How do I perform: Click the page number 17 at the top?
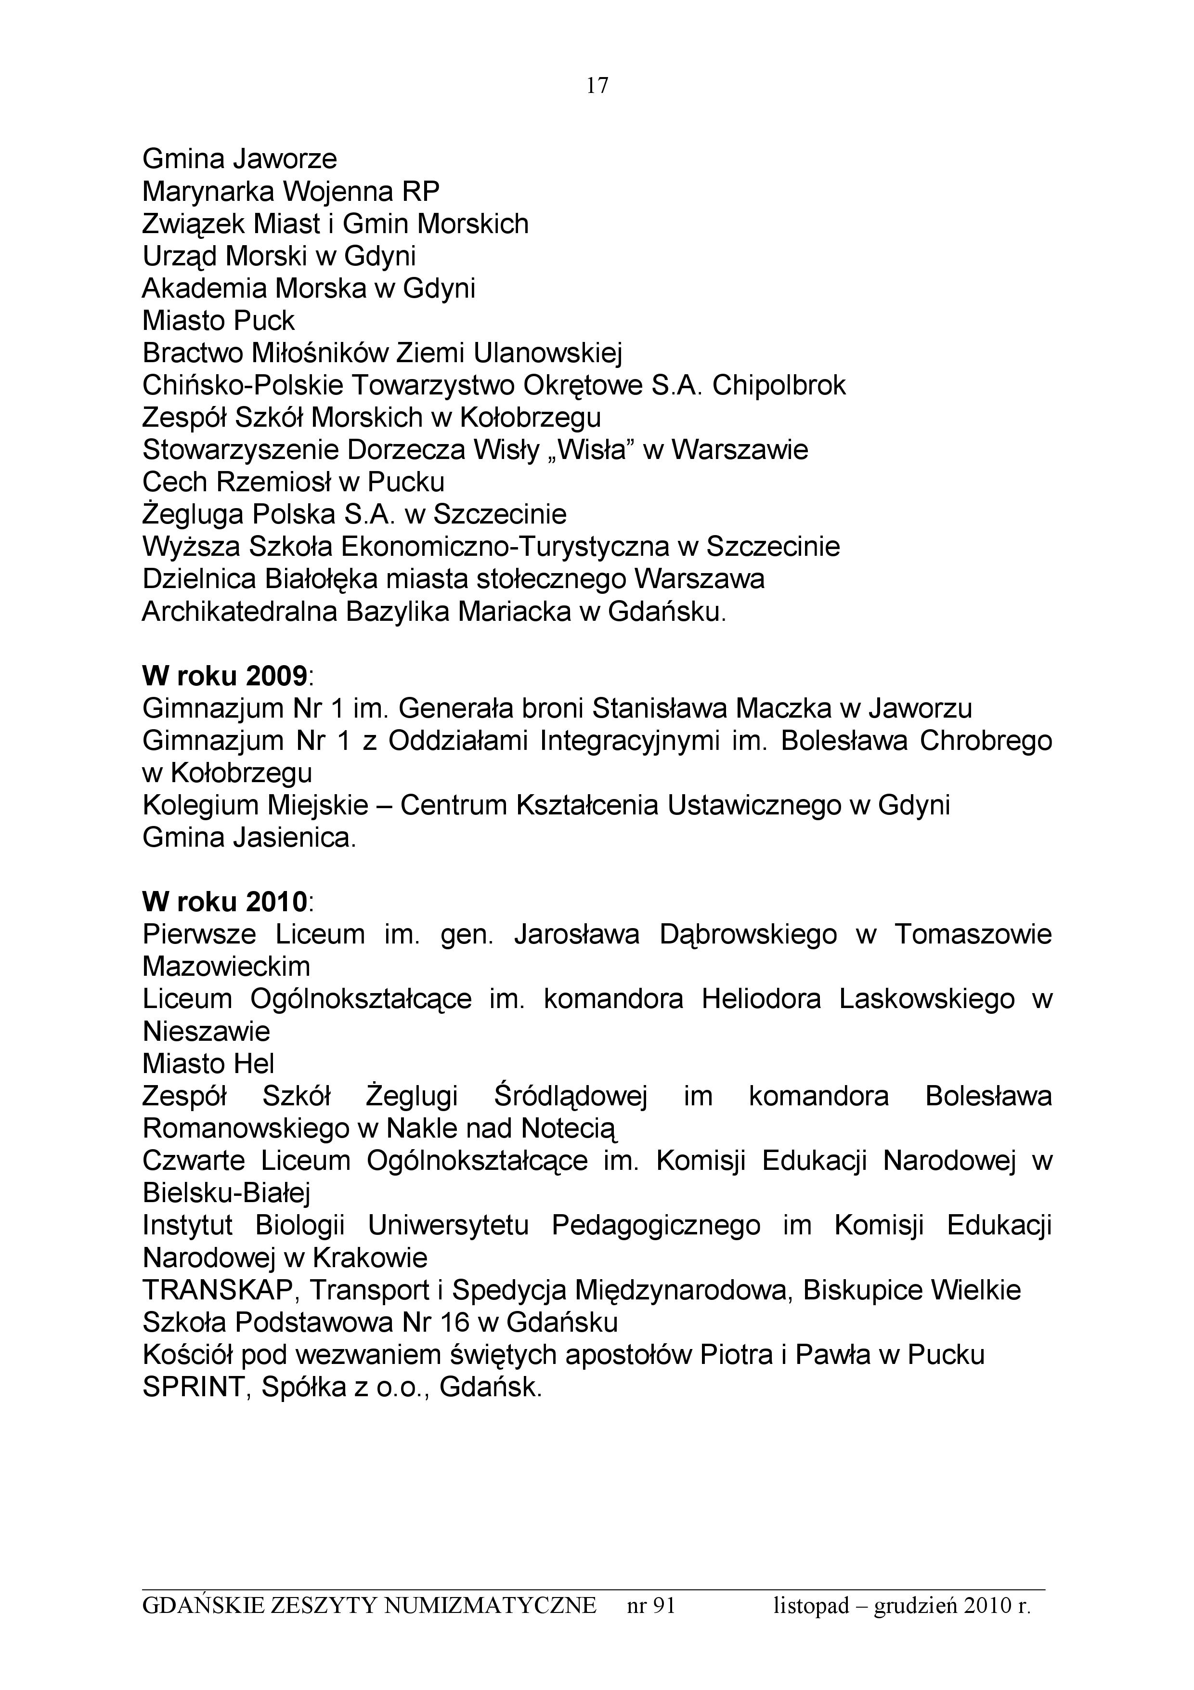[x=597, y=86]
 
